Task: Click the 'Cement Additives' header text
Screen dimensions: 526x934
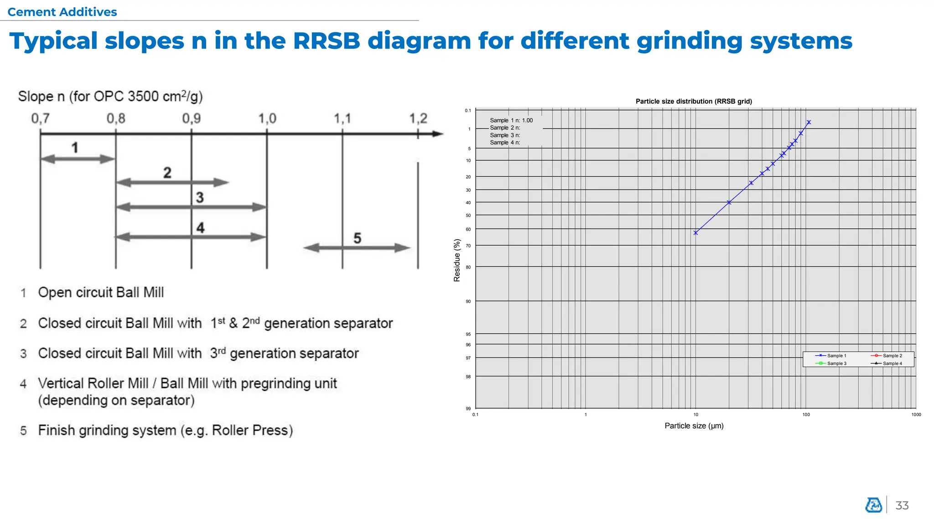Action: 62,12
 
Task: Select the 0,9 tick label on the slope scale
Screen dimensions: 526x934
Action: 191,119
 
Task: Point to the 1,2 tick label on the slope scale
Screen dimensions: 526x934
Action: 418,119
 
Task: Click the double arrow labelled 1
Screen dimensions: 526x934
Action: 78,159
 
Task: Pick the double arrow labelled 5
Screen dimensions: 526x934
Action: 357,248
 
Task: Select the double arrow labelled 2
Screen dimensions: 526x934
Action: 172,183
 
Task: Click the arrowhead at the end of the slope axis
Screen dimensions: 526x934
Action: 438,134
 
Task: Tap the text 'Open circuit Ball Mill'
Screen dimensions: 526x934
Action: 101,292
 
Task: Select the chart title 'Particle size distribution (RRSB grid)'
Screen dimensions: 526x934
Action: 694,101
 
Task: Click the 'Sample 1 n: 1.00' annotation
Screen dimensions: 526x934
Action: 511,121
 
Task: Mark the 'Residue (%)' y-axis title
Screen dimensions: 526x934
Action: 457,260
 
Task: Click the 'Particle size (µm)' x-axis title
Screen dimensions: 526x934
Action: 694,426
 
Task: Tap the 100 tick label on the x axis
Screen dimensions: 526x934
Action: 806,415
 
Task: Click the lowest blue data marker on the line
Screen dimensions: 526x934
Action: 695,233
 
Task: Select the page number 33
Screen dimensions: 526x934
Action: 902,505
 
